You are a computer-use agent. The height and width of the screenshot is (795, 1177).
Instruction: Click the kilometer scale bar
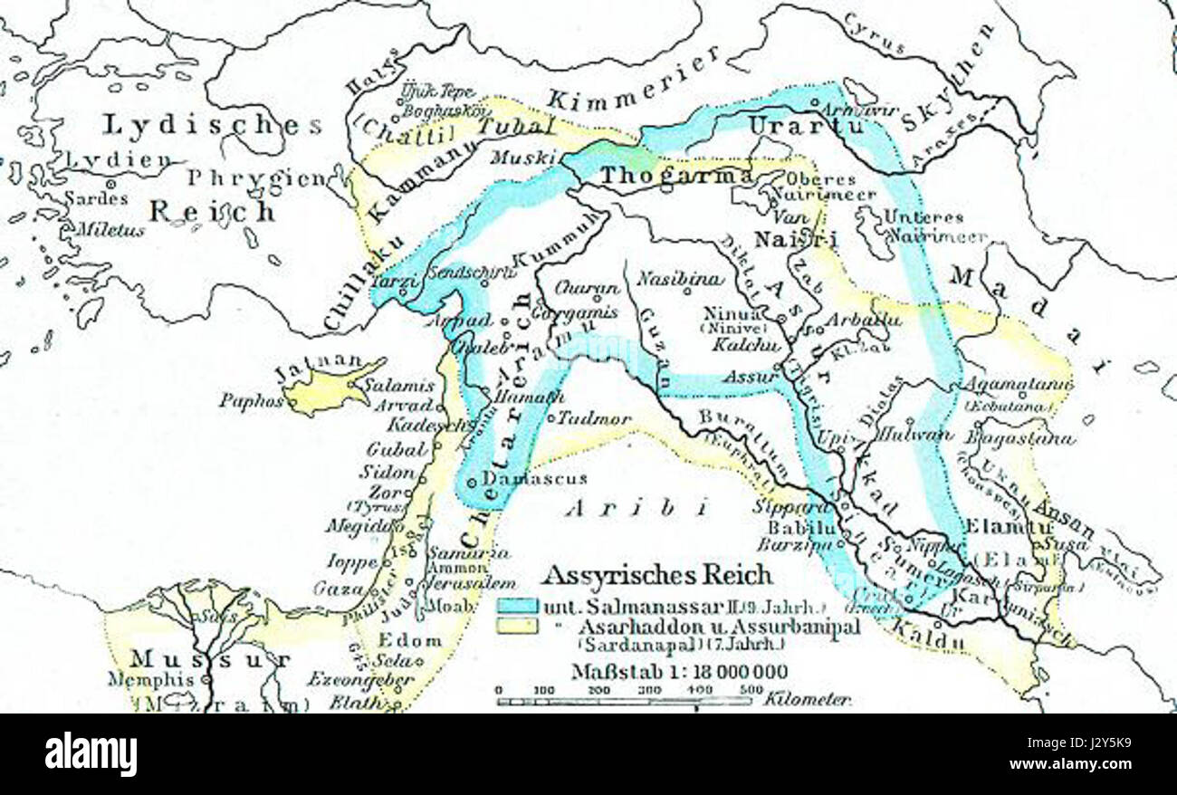point(625,700)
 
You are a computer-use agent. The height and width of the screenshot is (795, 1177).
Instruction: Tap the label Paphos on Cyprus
point(251,399)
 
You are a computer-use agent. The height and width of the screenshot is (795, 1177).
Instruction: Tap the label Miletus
point(109,230)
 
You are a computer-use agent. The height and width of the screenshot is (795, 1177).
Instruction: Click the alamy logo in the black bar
point(91,754)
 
